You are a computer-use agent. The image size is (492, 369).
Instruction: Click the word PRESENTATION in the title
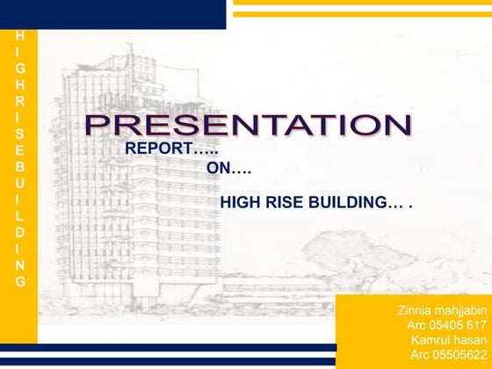point(247,126)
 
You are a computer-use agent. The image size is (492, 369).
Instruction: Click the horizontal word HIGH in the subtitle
point(238,203)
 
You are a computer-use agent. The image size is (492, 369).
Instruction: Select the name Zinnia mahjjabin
point(436,310)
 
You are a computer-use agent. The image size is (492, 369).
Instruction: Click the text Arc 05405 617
point(441,325)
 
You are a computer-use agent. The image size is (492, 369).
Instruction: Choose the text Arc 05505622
point(445,354)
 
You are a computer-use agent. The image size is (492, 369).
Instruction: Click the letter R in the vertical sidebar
point(20,100)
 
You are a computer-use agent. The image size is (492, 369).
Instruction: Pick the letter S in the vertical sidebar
point(20,133)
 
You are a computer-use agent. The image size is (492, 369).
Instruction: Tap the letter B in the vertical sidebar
point(20,166)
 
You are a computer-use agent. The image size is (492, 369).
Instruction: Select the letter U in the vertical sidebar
point(20,183)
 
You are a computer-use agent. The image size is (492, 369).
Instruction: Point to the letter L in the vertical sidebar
point(20,215)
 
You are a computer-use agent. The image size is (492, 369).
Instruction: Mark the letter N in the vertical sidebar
point(20,264)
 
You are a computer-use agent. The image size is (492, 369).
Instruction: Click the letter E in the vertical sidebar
point(20,149)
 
